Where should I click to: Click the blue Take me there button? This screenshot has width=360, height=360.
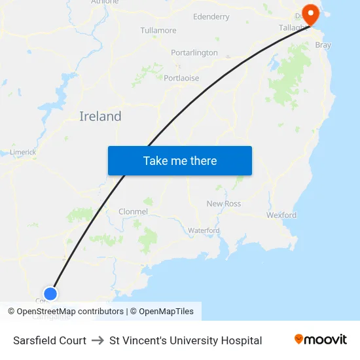click(180, 160)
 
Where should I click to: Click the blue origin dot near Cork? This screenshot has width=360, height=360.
click(50, 293)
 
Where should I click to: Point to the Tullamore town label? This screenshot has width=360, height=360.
click(158, 30)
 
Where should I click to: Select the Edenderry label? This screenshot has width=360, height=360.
click(211, 16)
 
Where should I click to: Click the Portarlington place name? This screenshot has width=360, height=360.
click(194, 52)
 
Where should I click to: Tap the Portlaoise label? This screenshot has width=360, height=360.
click(181, 78)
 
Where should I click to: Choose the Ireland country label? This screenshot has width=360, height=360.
click(100, 117)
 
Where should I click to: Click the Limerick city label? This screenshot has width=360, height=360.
click(23, 152)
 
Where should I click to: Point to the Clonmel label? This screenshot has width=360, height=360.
click(134, 211)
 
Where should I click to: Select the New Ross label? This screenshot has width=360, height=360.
click(224, 204)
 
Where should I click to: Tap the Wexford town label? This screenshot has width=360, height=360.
click(281, 215)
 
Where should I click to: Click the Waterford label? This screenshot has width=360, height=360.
click(204, 230)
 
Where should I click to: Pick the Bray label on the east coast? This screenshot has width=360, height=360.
click(323, 45)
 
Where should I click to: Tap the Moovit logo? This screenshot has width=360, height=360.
click(321, 340)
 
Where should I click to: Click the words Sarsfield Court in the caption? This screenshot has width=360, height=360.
click(50, 340)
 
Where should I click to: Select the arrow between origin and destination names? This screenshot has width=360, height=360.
click(98, 340)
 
